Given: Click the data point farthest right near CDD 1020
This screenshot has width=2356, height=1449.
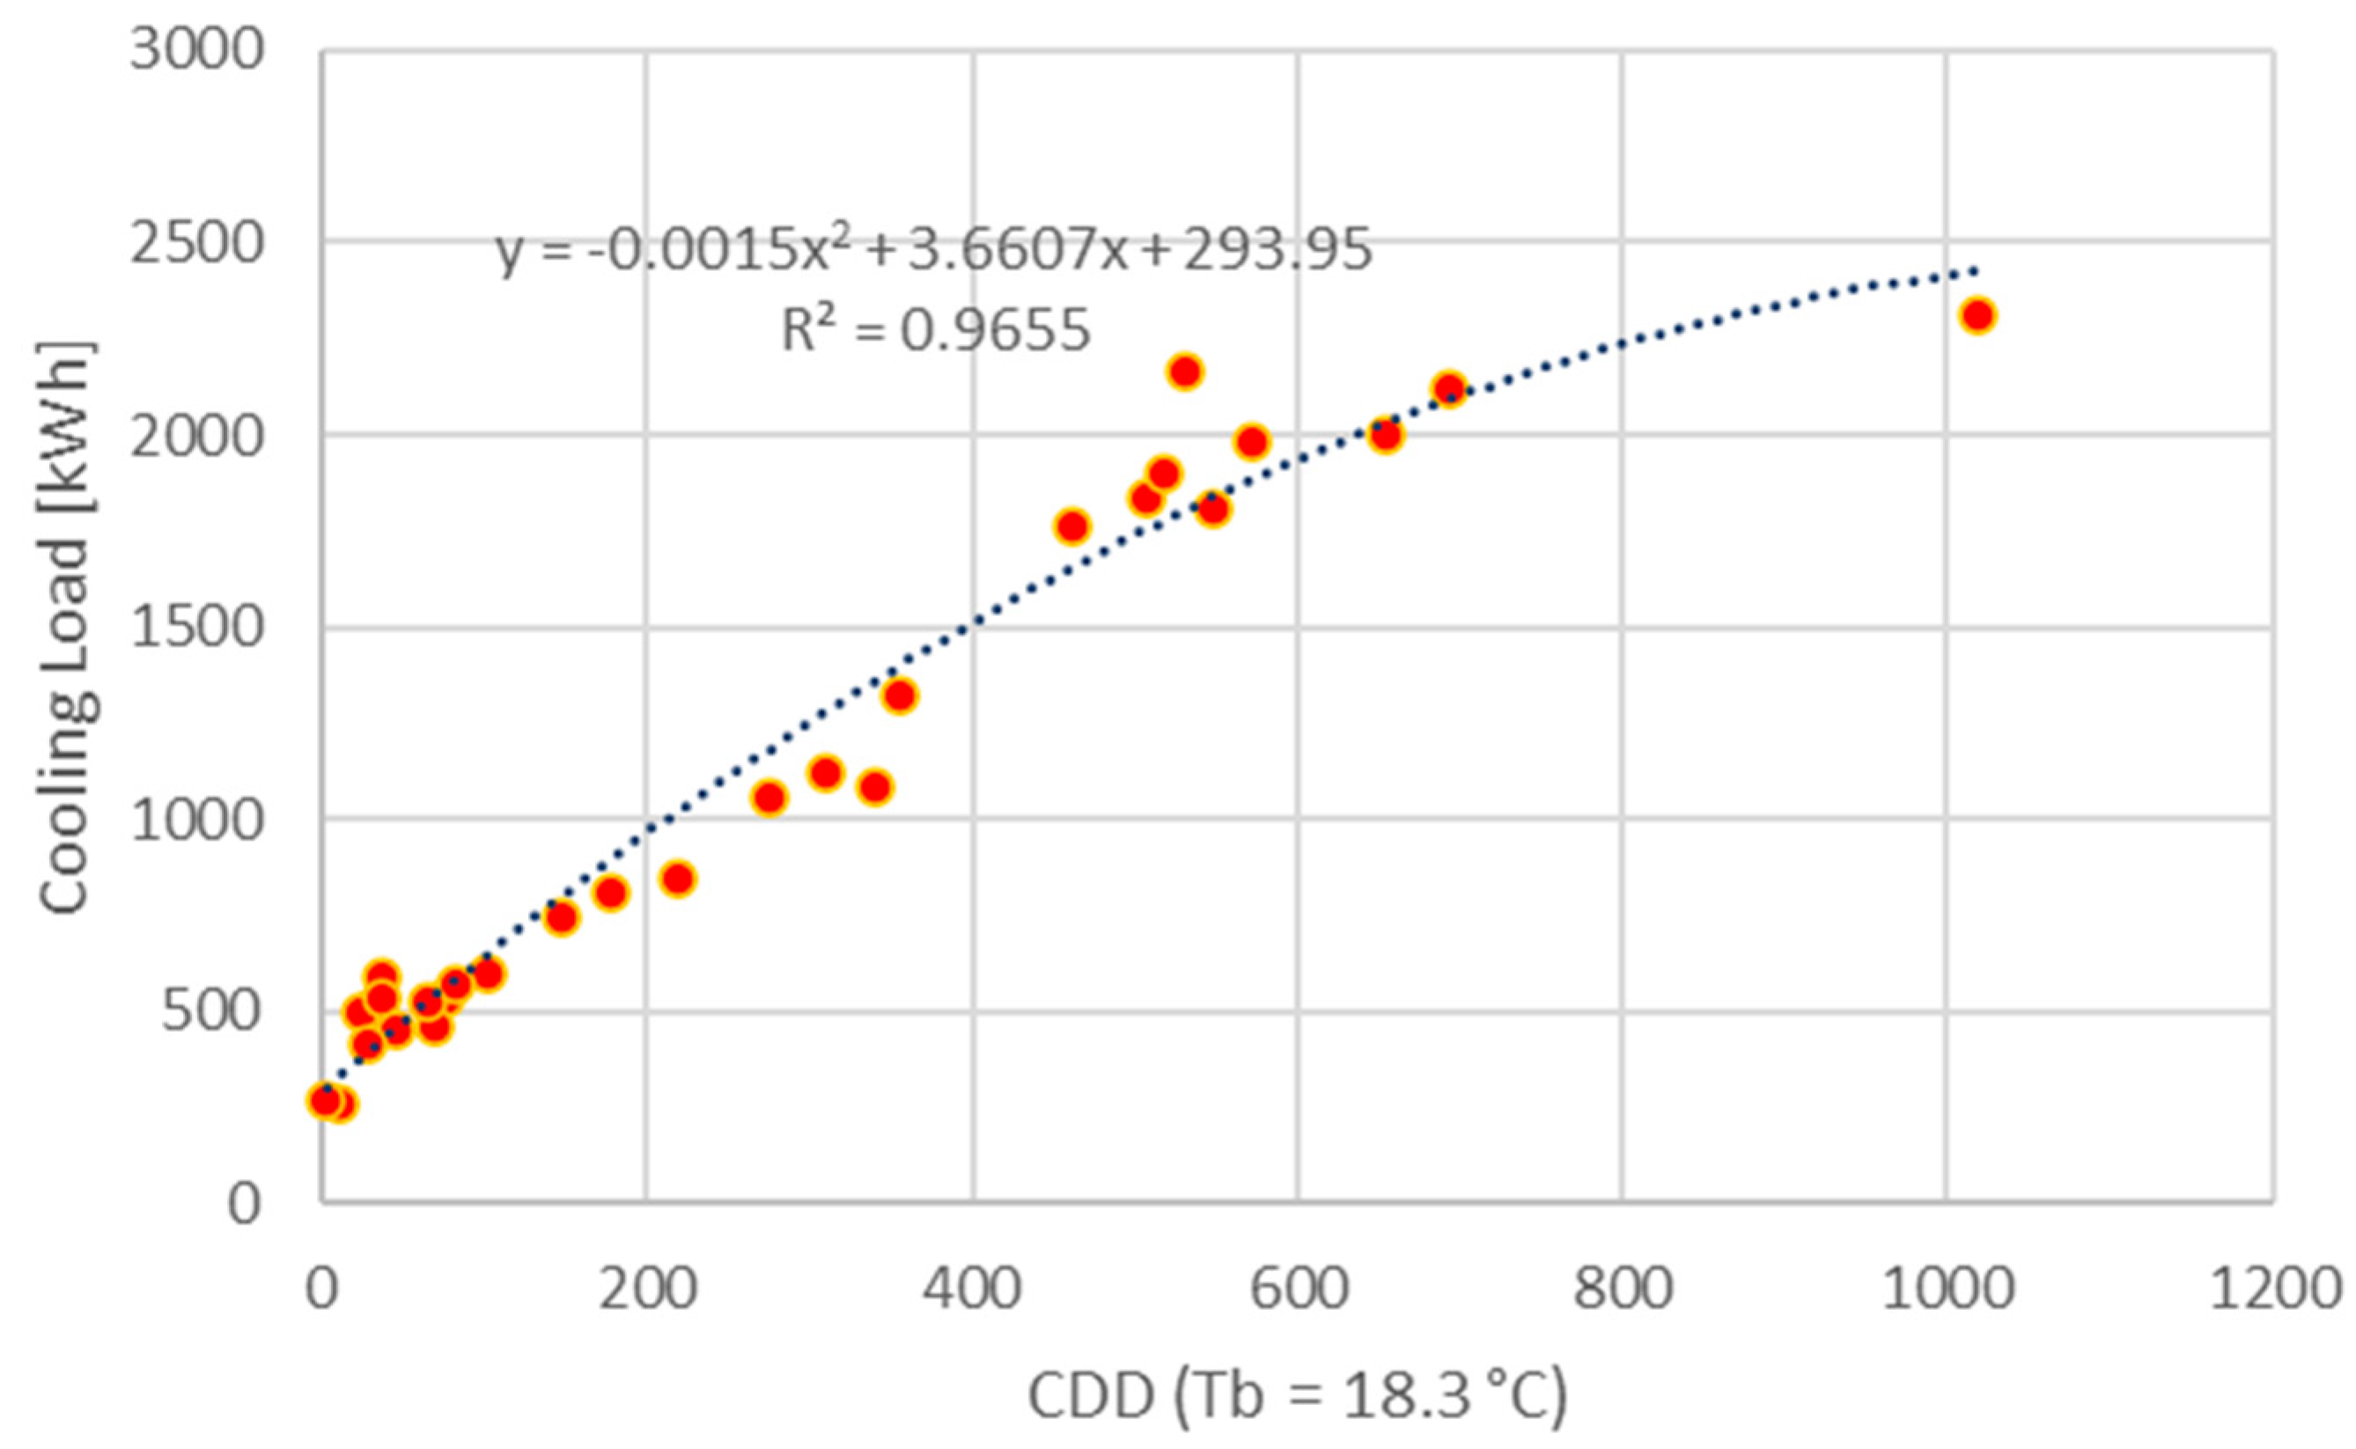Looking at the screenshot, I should click(1977, 315).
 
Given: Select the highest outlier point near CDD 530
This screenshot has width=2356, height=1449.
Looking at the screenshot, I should click(1186, 371).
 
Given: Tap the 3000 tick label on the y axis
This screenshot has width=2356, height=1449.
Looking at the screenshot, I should click(196, 49).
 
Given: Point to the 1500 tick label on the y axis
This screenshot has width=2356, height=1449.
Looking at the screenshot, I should click(196, 628).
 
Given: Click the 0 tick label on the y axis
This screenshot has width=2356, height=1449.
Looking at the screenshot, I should click(244, 1203).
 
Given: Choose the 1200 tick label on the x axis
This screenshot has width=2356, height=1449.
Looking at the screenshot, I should click(2276, 1290).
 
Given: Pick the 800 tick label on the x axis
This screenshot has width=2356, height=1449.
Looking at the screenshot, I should click(1622, 1290).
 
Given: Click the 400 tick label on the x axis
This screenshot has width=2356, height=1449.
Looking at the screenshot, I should click(972, 1290).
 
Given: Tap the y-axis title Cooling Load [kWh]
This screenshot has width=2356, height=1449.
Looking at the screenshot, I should click(67, 628).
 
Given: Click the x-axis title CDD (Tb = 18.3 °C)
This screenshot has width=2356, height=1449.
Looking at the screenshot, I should click(1298, 1397).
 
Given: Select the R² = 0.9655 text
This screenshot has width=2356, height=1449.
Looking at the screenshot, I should click(936, 331).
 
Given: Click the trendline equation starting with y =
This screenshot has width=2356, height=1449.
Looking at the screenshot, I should click(933, 251).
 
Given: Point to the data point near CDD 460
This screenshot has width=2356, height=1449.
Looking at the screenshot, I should click(1072, 526).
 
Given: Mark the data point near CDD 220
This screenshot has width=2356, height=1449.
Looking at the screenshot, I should click(678, 879).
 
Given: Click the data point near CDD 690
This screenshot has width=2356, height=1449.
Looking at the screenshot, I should click(1449, 389).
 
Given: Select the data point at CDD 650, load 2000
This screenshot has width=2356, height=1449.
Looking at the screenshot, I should click(1385, 435).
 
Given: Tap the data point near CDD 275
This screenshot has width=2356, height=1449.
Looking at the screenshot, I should click(769, 798).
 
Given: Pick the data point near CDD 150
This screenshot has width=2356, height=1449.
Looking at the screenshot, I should click(562, 917).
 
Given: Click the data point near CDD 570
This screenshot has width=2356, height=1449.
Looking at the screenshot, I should click(1252, 442).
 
